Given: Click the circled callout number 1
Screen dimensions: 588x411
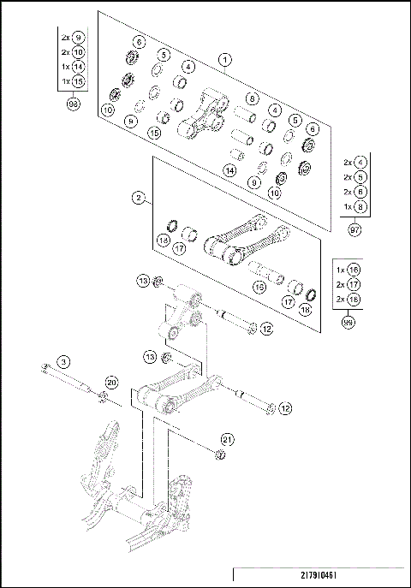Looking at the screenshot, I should click(224, 60).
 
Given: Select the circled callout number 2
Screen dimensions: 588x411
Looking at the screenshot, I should click(137, 198).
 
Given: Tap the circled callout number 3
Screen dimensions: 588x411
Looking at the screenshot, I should click(63, 361).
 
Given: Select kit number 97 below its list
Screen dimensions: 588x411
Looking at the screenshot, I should click(354, 230).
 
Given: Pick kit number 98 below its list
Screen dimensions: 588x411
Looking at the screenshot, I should click(74, 103).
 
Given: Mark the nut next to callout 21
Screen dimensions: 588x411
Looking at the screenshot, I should click(219, 454).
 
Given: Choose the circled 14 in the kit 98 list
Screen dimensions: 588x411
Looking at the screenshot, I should click(78, 66).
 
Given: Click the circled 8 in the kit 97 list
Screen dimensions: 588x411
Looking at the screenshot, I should click(360, 206).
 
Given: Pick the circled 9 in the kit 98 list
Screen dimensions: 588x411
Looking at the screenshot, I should click(78, 37).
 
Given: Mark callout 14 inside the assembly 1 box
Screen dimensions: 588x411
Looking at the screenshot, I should click(229, 170).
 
